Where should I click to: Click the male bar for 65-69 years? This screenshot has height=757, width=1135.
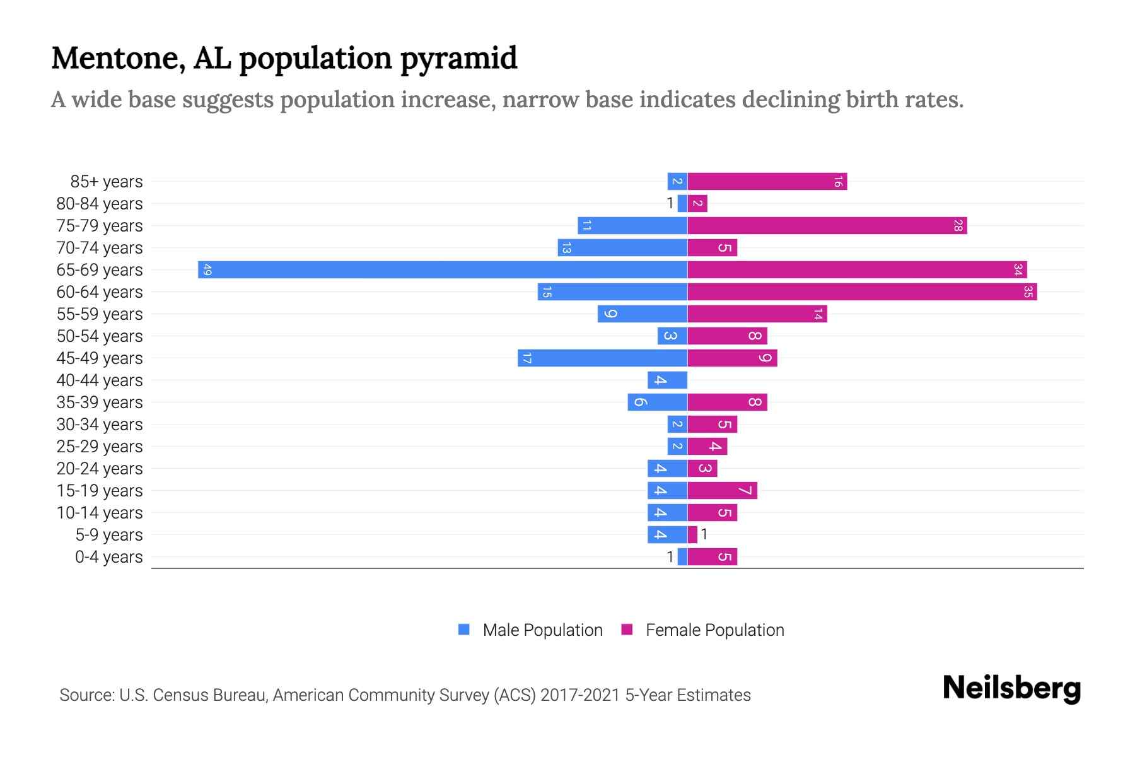pos(441,269)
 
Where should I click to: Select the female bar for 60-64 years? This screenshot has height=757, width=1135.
pos(861,291)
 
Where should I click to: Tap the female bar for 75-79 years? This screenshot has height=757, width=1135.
pos(827,225)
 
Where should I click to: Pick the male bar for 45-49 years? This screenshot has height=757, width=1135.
pos(602,358)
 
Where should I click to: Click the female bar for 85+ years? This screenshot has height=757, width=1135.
pos(767,181)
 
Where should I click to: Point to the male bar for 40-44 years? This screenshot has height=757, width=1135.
pos(667,380)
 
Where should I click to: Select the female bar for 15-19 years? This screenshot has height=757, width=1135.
pos(722,490)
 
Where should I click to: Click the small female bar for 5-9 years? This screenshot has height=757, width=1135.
pos(692,534)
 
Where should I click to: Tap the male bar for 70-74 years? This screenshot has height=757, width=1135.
pos(622,247)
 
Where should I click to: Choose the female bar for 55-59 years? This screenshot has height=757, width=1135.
pos(757,314)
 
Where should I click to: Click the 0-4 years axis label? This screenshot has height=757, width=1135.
pos(108,557)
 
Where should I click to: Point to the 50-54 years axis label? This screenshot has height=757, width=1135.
pos(100,336)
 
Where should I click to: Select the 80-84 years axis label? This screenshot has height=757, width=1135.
pos(100,204)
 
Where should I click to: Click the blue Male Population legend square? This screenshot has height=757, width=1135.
pos(464,630)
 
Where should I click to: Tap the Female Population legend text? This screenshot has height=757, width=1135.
pos(714,630)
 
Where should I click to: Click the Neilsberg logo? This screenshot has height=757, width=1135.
pos(1011,688)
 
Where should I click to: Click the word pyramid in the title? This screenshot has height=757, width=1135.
pos(458,58)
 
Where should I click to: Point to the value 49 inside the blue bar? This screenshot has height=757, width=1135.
pos(207,270)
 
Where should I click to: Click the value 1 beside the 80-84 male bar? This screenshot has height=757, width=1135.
pos(670,203)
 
